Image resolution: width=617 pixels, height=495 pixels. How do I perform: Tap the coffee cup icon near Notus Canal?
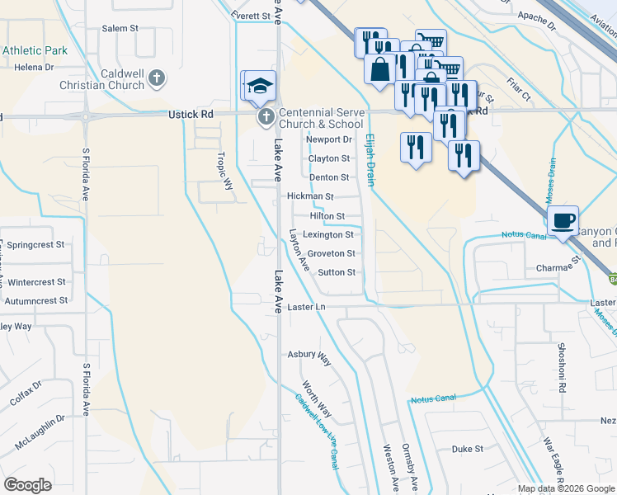[x=563, y=221]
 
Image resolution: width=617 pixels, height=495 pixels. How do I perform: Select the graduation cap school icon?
[x=261, y=87]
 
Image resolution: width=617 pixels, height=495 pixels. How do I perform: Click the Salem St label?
[x=120, y=28]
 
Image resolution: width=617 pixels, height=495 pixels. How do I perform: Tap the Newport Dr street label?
[x=329, y=139]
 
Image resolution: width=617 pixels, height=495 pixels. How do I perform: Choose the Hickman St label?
[x=310, y=196]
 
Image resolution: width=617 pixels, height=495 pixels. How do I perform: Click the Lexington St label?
[x=328, y=234]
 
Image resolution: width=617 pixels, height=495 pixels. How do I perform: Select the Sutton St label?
[x=337, y=271]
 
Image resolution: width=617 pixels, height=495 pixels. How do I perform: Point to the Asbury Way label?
[x=308, y=356]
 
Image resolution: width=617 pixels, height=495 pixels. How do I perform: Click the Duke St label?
[x=467, y=449]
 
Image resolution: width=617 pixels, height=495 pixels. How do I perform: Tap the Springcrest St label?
[x=36, y=245]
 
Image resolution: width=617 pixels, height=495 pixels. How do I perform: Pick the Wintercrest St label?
[x=35, y=281]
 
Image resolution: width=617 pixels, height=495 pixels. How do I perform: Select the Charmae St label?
[x=558, y=267]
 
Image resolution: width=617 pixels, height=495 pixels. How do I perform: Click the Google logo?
[x=27, y=485]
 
